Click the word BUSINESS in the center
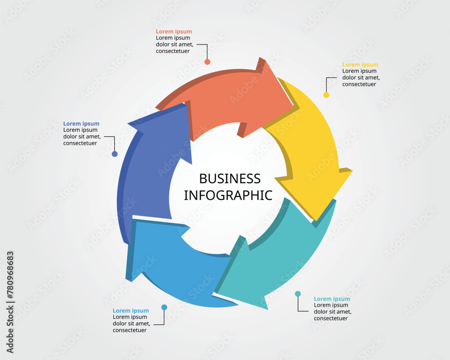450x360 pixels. tap(229, 179)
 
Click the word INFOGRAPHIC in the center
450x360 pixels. tap(228, 195)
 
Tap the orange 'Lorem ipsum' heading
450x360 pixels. tap(174, 31)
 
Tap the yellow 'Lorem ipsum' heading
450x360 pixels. tap(360, 65)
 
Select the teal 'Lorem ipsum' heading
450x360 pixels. tap(332, 299)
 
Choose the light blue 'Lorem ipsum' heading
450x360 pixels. tap(130, 310)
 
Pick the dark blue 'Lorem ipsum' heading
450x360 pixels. tap(81, 124)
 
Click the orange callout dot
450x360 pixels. tap(207, 62)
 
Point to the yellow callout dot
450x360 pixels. tap(326, 95)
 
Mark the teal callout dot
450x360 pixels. tap(298, 294)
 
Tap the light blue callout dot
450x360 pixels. tap(164, 307)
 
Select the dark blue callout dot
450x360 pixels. tap(115, 154)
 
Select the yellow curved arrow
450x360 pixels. tap(315, 153)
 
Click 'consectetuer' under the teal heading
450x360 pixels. tap(331, 318)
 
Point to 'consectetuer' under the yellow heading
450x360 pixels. tap(359, 84)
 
